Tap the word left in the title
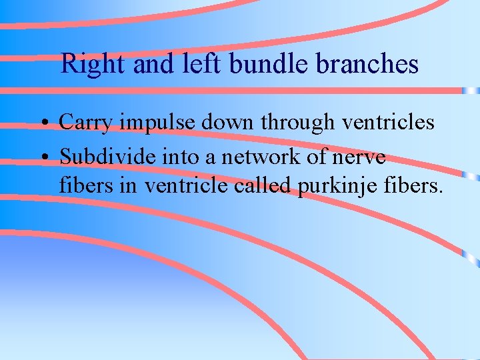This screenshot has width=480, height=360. (204, 63)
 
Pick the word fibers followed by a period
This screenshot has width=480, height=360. (414, 185)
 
